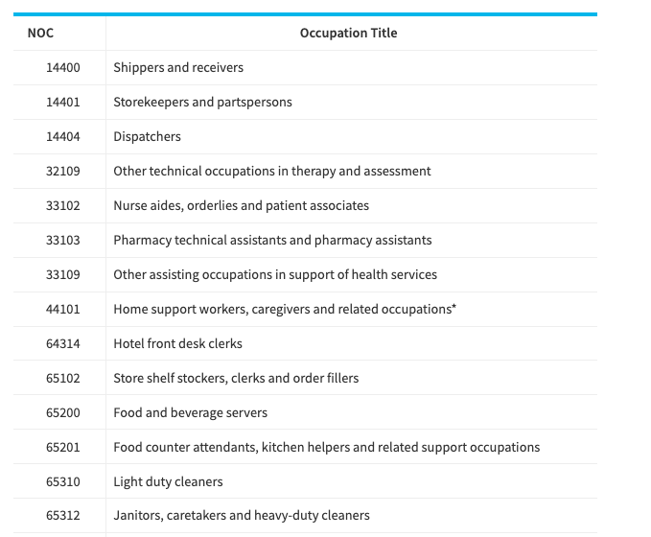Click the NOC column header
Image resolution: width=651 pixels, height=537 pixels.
(x=40, y=34)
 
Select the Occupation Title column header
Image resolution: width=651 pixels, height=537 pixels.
(x=348, y=34)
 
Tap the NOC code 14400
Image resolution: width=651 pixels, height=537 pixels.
(x=62, y=68)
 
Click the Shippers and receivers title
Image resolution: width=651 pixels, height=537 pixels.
(x=178, y=68)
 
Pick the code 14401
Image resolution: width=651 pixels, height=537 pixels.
(x=62, y=103)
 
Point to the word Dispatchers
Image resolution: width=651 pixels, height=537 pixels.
(x=147, y=136)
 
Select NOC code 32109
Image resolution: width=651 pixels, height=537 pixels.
(x=62, y=171)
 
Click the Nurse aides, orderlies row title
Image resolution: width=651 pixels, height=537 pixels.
(x=242, y=205)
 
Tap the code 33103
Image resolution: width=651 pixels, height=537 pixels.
(x=62, y=240)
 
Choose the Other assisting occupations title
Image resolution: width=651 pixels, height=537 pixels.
(x=275, y=274)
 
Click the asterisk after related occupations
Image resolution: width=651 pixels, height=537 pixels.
(x=453, y=307)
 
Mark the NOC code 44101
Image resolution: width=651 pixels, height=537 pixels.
(x=62, y=309)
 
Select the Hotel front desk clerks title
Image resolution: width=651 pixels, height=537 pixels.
(x=177, y=343)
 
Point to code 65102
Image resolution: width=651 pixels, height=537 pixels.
(x=62, y=378)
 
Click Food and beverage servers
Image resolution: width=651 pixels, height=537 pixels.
(x=191, y=412)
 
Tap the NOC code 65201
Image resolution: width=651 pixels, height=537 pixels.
(x=62, y=447)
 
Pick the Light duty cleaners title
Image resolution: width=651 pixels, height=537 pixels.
(x=168, y=481)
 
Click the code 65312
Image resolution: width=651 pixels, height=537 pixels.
(x=62, y=515)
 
